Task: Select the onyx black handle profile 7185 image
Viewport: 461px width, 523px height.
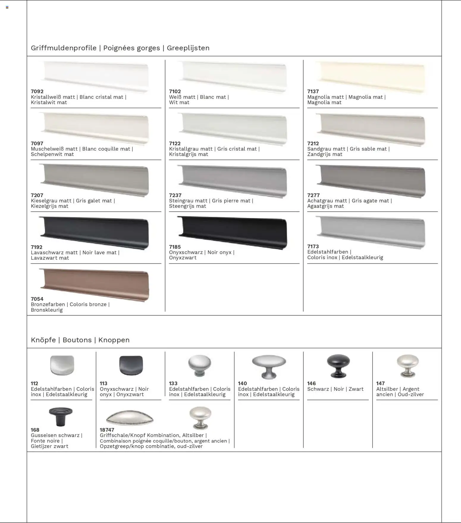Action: (x=232, y=232)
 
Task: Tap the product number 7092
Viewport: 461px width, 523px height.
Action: (x=37, y=91)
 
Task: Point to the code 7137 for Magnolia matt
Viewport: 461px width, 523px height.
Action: (x=313, y=91)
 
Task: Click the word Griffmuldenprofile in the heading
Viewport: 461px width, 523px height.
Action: (x=64, y=48)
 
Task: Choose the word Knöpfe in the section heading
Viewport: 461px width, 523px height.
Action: (x=43, y=340)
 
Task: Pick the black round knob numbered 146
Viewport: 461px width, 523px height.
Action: (x=338, y=366)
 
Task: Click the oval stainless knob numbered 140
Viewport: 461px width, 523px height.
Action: (x=269, y=366)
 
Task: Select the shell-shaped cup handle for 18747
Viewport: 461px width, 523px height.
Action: (x=130, y=418)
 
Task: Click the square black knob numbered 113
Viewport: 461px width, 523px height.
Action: (x=131, y=365)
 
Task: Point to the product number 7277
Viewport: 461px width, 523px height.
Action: (x=313, y=195)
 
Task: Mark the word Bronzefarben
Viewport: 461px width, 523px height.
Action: (x=48, y=304)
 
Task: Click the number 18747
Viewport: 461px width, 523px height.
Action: (x=107, y=430)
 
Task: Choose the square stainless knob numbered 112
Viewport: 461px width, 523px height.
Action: (x=62, y=365)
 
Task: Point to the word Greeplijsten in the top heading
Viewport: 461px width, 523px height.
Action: (x=188, y=48)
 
